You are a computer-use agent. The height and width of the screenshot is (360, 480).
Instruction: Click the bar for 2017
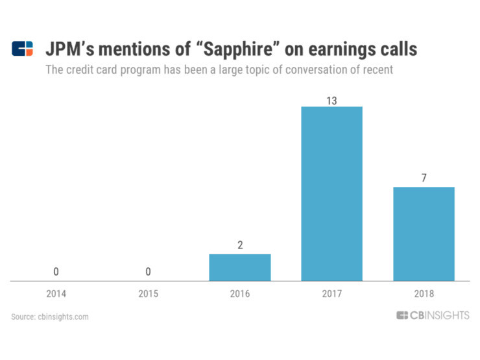pos(331,193)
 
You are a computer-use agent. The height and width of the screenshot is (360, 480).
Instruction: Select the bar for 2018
pos(424,234)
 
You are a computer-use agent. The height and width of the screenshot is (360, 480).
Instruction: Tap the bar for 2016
pos(239,267)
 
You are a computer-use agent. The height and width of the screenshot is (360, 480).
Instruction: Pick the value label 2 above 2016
pos(239,245)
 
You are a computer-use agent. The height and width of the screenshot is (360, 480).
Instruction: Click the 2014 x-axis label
pos(56,293)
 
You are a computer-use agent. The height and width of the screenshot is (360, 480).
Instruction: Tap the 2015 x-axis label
pos(148,293)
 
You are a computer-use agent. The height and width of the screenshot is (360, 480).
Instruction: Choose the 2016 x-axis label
pos(239,293)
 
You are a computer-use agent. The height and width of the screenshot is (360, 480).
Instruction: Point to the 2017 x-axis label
pos(331,293)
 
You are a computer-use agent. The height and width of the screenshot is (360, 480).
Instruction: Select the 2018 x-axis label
pos(424,293)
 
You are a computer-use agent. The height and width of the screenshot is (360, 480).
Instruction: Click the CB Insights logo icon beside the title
pos(22,49)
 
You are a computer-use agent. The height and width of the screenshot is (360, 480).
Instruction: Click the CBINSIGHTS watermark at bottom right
pos(433,316)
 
